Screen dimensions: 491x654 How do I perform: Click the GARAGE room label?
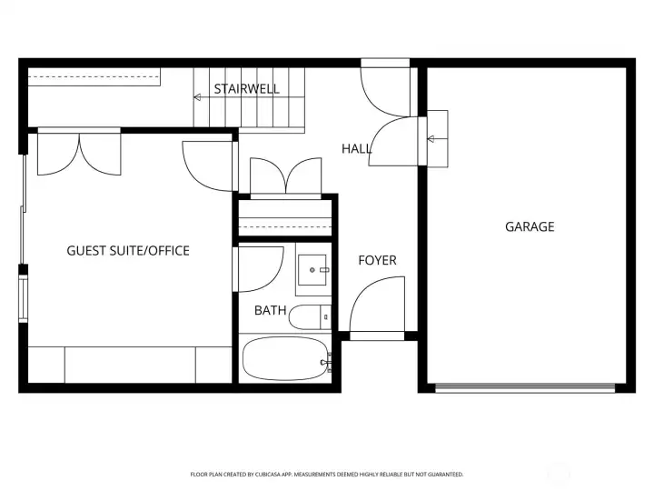(x=530, y=227)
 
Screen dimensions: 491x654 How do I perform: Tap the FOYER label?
(x=377, y=261)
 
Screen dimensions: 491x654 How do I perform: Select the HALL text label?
(x=357, y=149)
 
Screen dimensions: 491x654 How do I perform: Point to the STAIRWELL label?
(x=246, y=89)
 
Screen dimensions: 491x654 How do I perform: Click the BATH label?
(x=270, y=311)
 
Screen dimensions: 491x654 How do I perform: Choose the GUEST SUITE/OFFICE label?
(x=128, y=250)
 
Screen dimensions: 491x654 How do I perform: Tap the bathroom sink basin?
(x=313, y=270)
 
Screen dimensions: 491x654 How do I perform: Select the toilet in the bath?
(x=312, y=317)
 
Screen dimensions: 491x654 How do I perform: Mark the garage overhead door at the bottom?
(x=525, y=387)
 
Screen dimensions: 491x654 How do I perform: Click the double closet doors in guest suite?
(x=79, y=153)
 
